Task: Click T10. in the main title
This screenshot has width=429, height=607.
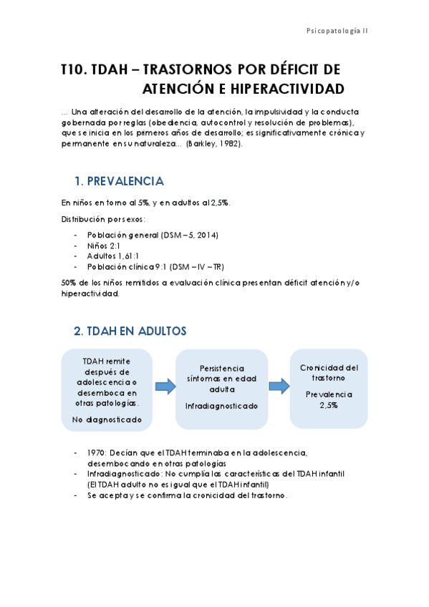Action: (74, 69)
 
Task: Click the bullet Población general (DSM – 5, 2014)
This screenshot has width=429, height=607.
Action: (152, 235)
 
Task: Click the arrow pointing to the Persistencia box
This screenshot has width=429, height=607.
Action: (165, 387)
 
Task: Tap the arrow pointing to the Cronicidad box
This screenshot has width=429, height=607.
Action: (278, 387)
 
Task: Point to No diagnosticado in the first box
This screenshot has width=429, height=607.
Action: (106, 419)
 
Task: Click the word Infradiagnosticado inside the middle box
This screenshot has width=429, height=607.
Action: (221, 406)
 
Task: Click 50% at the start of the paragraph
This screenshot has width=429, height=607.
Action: (69, 283)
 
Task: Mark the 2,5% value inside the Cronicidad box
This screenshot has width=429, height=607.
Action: (329, 404)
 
